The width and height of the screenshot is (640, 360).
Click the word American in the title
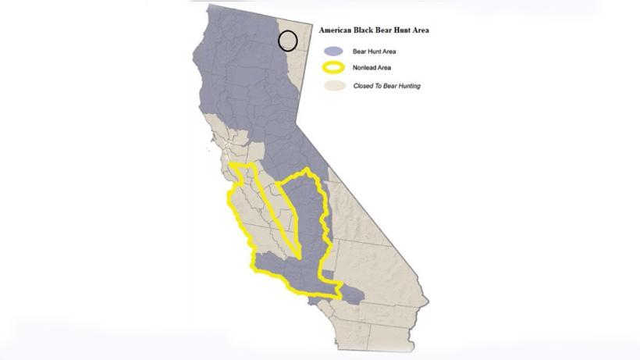337,30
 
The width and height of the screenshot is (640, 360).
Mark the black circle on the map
288,41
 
